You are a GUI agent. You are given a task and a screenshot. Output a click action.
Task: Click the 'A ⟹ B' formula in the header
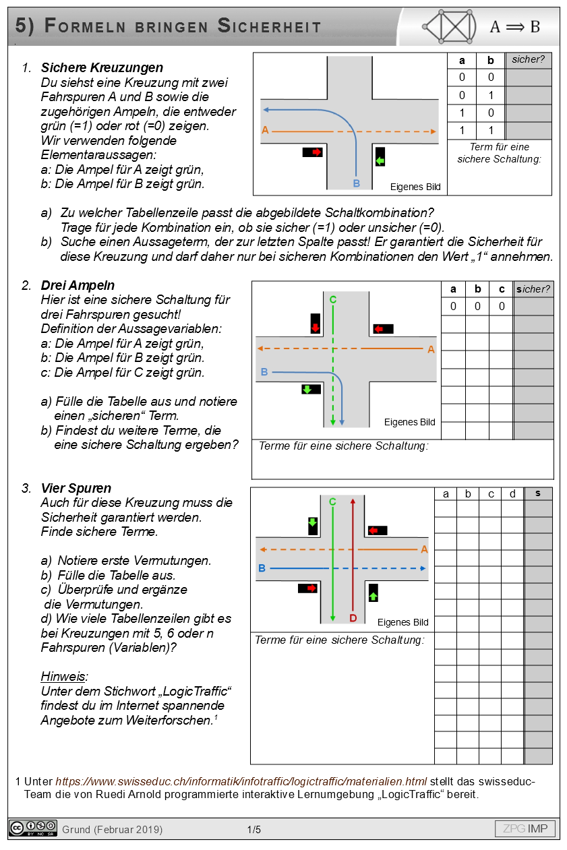point(514,26)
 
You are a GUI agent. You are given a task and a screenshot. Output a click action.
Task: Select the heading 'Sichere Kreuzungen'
point(102,67)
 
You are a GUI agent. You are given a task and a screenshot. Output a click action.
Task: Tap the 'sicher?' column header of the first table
point(528,60)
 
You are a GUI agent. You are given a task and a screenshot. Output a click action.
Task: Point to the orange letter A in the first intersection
point(265,130)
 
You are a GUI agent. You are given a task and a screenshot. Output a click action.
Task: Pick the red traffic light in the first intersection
point(313,152)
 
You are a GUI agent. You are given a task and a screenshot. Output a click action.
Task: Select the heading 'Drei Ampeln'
point(78,285)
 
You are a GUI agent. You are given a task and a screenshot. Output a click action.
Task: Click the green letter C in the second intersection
point(332,299)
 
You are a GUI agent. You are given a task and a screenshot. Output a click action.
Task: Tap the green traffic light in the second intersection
point(307,389)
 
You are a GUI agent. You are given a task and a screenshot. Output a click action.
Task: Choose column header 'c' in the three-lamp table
point(501,289)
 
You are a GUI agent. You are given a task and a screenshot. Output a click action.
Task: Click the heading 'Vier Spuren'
point(76,488)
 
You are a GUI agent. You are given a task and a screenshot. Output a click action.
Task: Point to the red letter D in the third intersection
point(353,617)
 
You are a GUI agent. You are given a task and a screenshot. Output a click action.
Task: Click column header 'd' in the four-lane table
point(512,494)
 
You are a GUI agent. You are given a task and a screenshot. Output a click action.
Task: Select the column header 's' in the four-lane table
point(538,493)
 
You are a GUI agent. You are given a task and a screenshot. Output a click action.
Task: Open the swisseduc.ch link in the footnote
point(241,781)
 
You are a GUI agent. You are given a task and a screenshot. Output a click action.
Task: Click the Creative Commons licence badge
point(32,828)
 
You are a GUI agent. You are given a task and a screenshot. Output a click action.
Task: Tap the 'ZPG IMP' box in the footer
point(525,828)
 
